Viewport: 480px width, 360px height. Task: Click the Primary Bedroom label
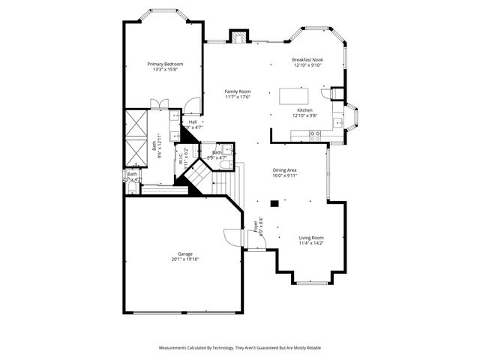tap(165, 64)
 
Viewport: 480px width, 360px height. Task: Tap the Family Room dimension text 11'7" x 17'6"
tap(238, 97)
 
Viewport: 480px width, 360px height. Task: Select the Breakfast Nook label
tap(307, 59)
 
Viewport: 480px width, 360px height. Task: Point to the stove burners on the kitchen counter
tap(315, 134)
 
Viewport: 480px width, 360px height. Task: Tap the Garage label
tap(184, 253)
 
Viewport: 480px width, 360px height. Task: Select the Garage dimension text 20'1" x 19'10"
tap(184, 259)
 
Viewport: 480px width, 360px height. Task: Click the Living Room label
tap(311, 238)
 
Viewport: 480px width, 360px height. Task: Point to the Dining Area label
tap(285, 170)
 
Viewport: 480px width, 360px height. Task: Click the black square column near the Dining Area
tap(274, 202)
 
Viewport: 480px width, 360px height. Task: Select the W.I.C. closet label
tap(181, 159)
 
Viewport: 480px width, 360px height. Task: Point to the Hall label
tap(193, 122)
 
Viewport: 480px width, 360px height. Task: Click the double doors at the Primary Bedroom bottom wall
tap(159, 103)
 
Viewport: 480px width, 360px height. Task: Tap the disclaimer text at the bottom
tap(239, 348)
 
